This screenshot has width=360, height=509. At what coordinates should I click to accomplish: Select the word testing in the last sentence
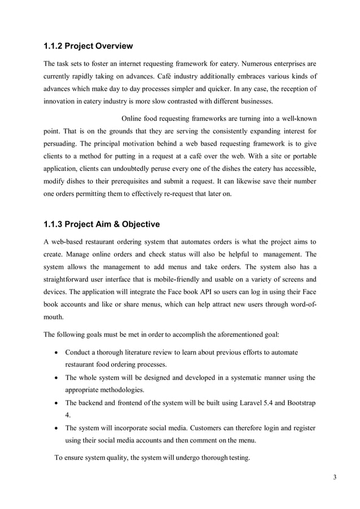click(x=236, y=458)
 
